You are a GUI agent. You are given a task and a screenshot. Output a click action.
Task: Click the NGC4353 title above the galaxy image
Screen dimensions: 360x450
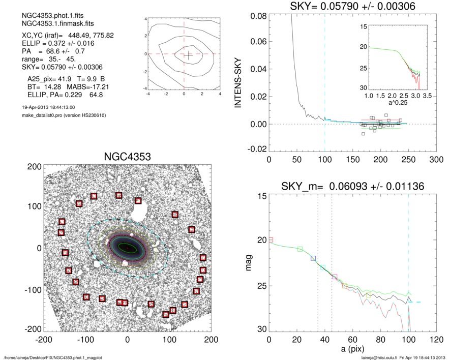click(x=127, y=157)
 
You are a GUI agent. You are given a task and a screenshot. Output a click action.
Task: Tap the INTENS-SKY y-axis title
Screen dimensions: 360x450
click(x=238, y=79)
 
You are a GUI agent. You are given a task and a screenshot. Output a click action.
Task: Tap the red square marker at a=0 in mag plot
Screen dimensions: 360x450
click(x=271, y=239)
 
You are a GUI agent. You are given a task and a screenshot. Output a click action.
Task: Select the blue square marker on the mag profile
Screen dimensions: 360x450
click(x=313, y=258)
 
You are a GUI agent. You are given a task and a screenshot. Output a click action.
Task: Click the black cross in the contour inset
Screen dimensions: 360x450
click(x=188, y=56)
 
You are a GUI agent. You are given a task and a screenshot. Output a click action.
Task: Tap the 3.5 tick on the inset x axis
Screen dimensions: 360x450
click(x=427, y=95)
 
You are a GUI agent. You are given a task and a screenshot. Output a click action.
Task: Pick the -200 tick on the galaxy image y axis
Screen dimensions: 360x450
click(x=34, y=329)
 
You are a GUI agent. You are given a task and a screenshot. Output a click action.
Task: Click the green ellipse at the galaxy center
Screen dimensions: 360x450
click(x=127, y=248)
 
